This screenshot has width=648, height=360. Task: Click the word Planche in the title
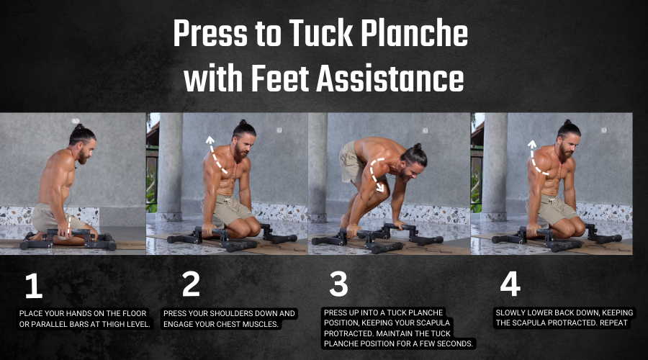(415, 33)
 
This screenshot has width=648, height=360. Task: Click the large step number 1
(33, 285)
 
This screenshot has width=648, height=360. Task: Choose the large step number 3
(338, 284)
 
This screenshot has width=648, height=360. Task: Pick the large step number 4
(510, 284)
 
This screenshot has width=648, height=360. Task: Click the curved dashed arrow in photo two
(214, 156)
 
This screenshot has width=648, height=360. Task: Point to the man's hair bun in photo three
(418, 146)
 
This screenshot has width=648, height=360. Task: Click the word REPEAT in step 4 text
(613, 323)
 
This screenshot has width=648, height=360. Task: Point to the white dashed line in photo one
(69, 226)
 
